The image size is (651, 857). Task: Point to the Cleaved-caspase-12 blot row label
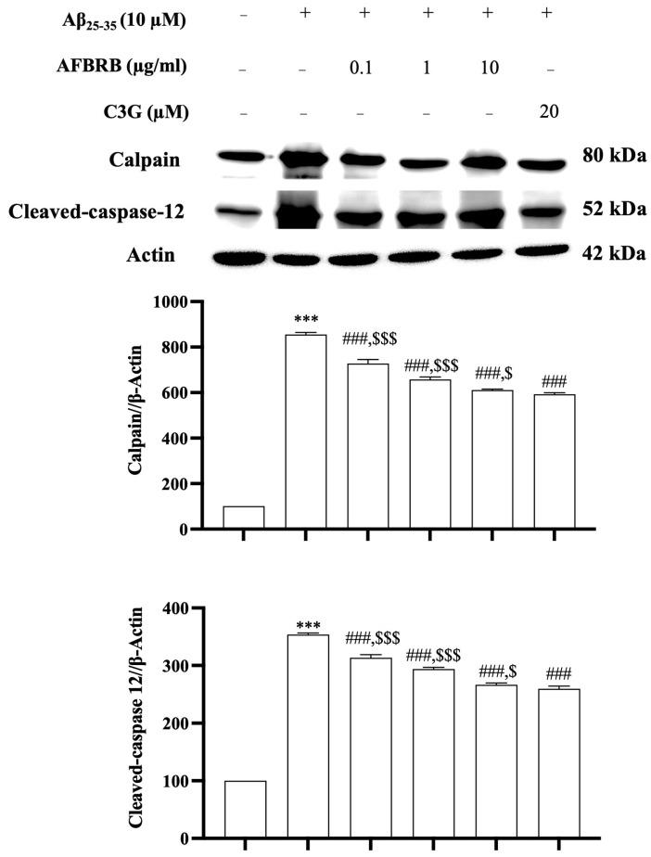click(96, 212)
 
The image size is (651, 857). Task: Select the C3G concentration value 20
click(547, 112)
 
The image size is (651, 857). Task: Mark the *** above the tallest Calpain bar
click(305, 320)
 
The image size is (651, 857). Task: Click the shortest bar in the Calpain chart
click(244, 518)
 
